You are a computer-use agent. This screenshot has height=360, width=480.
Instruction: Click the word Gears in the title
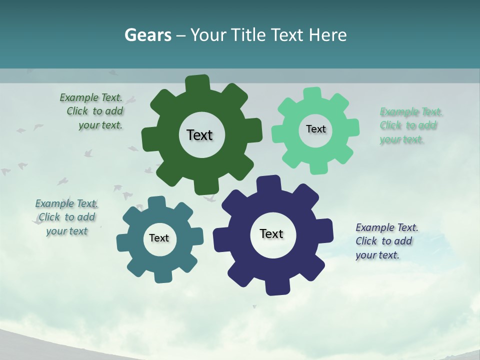click(147, 35)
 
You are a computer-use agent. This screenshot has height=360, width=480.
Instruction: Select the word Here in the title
click(328, 35)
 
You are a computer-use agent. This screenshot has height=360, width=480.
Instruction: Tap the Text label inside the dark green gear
click(199, 135)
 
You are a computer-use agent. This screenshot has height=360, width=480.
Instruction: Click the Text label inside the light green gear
click(315, 129)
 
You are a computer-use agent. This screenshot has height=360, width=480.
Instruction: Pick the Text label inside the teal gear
click(159, 238)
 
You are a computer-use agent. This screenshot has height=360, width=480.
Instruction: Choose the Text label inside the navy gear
click(271, 233)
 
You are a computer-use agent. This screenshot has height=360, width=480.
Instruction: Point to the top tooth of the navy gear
click(268, 183)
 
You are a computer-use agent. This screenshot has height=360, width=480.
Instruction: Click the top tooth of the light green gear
click(312, 94)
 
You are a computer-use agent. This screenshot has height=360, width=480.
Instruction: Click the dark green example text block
click(93, 111)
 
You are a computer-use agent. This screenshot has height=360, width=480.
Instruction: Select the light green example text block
click(409, 125)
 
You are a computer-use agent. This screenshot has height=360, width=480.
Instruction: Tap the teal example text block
click(66, 217)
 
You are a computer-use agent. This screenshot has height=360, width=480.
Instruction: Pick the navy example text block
click(386, 241)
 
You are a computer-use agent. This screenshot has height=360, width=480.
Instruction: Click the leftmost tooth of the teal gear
click(123, 240)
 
